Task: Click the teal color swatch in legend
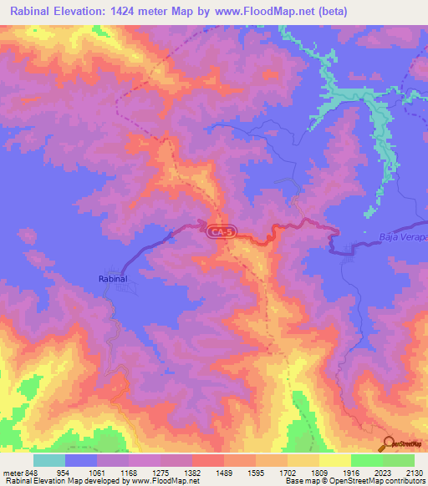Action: (49, 460)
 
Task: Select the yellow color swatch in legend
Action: (334, 460)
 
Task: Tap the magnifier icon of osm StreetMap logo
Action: (387, 443)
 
